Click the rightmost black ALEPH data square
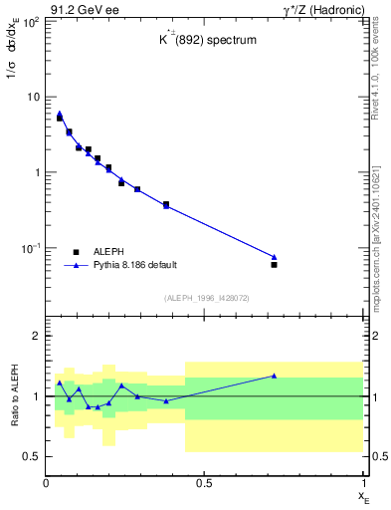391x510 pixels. click(274, 264)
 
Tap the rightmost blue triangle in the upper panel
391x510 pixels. click(274, 257)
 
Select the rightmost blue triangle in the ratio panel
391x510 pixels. click(274, 376)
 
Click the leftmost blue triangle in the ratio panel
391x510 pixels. click(60, 382)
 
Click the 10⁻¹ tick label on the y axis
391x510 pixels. click(28, 247)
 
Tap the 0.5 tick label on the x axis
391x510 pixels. click(204, 483)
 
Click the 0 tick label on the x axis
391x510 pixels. click(47, 483)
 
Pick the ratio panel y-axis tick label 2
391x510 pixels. click(36, 336)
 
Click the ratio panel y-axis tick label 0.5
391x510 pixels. click(32, 456)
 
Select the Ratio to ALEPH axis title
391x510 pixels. click(14, 395)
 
